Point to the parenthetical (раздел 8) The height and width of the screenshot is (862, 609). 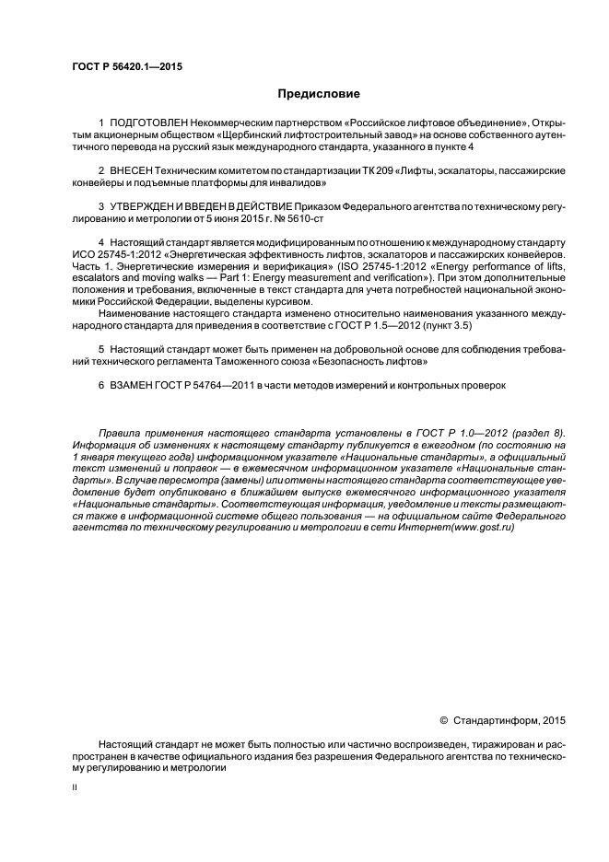[x=538, y=433]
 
